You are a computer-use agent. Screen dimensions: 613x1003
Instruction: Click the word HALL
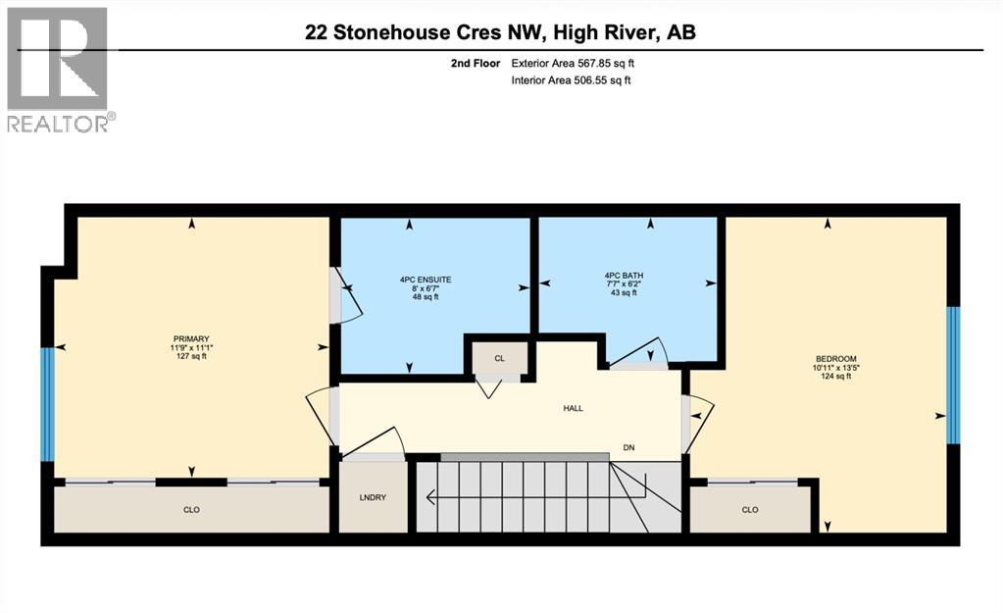(x=573, y=408)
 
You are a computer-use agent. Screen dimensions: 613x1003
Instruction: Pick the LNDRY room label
(x=372, y=497)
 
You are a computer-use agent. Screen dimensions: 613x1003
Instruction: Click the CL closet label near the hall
(x=499, y=358)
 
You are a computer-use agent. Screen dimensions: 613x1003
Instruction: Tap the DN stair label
(x=629, y=447)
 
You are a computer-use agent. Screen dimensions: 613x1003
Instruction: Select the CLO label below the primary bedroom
(x=191, y=509)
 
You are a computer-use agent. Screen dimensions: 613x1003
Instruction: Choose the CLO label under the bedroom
(x=750, y=509)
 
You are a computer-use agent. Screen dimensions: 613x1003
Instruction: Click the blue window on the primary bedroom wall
(x=45, y=404)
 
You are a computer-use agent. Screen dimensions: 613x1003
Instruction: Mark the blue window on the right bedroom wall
(x=953, y=376)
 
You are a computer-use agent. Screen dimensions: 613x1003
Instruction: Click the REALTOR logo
(x=58, y=69)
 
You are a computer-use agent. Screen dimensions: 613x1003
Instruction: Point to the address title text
(x=500, y=32)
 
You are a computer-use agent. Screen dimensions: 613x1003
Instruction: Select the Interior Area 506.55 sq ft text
(x=571, y=80)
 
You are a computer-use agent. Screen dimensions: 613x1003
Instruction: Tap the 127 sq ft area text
(x=189, y=357)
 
